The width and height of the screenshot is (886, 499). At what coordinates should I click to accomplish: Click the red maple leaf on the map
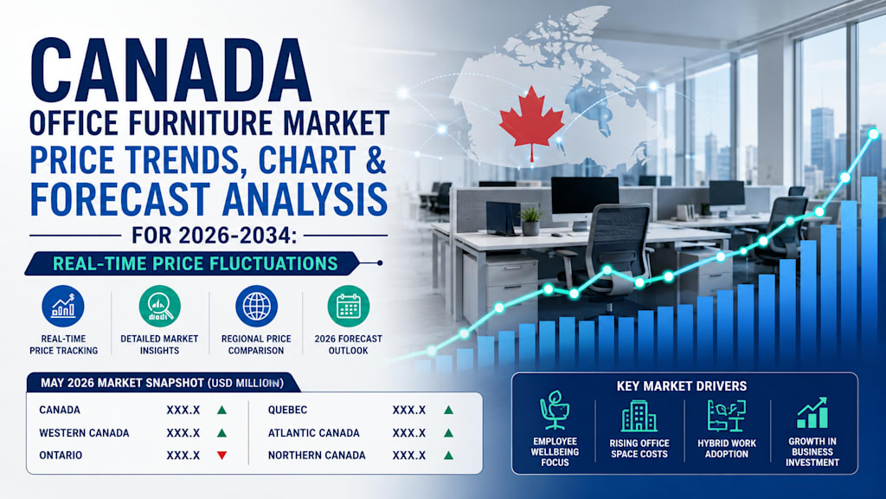pyautogui.click(x=531, y=123)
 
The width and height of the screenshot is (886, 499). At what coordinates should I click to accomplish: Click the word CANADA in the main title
pyautogui.click(x=170, y=71)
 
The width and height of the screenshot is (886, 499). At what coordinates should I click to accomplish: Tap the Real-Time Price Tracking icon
pyautogui.click(x=63, y=306)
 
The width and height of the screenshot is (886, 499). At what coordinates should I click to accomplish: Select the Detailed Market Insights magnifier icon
pyautogui.click(x=160, y=306)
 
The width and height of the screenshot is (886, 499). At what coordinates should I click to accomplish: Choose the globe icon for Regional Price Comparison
pyautogui.click(x=256, y=306)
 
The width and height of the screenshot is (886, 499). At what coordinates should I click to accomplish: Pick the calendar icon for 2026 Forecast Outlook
pyautogui.click(x=349, y=306)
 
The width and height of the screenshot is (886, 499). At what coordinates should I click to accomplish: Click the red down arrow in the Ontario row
pyautogui.click(x=222, y=456)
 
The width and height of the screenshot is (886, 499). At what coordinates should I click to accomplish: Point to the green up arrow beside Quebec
pyautogui.click(x=449, y=410)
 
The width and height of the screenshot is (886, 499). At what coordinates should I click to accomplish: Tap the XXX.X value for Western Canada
pyautogui.click(x=183, y=433)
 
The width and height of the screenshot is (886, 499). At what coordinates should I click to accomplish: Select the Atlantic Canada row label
pyautogui.click(x=313, y=433)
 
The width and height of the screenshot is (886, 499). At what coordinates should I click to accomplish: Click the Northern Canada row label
pyautogui.click(x=317, y=456)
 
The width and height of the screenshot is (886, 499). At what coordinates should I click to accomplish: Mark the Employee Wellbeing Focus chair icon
pyautogui.click(x=554, y=410)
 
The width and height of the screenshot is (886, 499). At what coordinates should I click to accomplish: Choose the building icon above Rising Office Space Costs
pyautogui.click(x=639, y=416)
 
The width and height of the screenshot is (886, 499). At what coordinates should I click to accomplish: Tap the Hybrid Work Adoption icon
pyautogui.click(x=727, y=416)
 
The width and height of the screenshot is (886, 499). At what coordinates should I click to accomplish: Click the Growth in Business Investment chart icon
pyautogui.click(x=812, y=412)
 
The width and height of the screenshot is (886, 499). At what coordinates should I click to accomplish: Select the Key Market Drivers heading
pyautogui.click(x=682, y=386)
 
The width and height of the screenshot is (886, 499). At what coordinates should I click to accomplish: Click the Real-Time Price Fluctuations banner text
pyautogui.click(x=196, y=263)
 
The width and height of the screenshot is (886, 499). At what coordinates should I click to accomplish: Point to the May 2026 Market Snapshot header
pyautogui.click(x=162, y=383)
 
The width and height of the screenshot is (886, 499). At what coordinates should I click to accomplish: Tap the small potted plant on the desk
pyautogui.click(x=530, y=221)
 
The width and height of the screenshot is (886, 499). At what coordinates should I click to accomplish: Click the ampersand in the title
pyautogui.click(x=376, y=159)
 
